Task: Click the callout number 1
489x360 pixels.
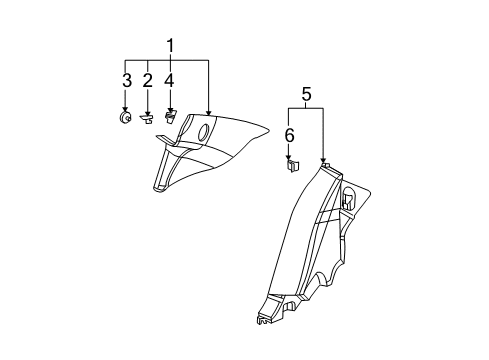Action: [x=170, y=45]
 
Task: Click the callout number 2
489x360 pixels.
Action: [x=148, y=79]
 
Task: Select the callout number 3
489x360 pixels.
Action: [x=126, y=79]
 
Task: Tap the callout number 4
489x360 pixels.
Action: [x=170, y=79]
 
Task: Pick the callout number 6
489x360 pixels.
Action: [x=290, y=134]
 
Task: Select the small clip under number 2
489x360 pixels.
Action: [x=148, y=118]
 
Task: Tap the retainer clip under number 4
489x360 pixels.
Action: [x=170, y=118]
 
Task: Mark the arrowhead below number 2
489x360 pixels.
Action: [x=148, y=111]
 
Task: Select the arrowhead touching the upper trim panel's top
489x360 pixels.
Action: [x=209, y=112]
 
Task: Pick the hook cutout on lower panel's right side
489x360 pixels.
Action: [x=349, y=197]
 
